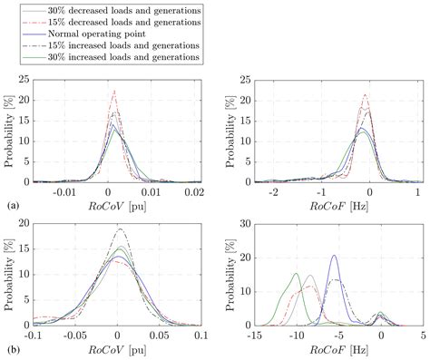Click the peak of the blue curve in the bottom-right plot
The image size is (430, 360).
pos(335,256)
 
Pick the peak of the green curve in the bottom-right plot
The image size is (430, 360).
pos(295,273)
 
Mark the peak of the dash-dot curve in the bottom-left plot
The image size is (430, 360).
pos(119,229)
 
